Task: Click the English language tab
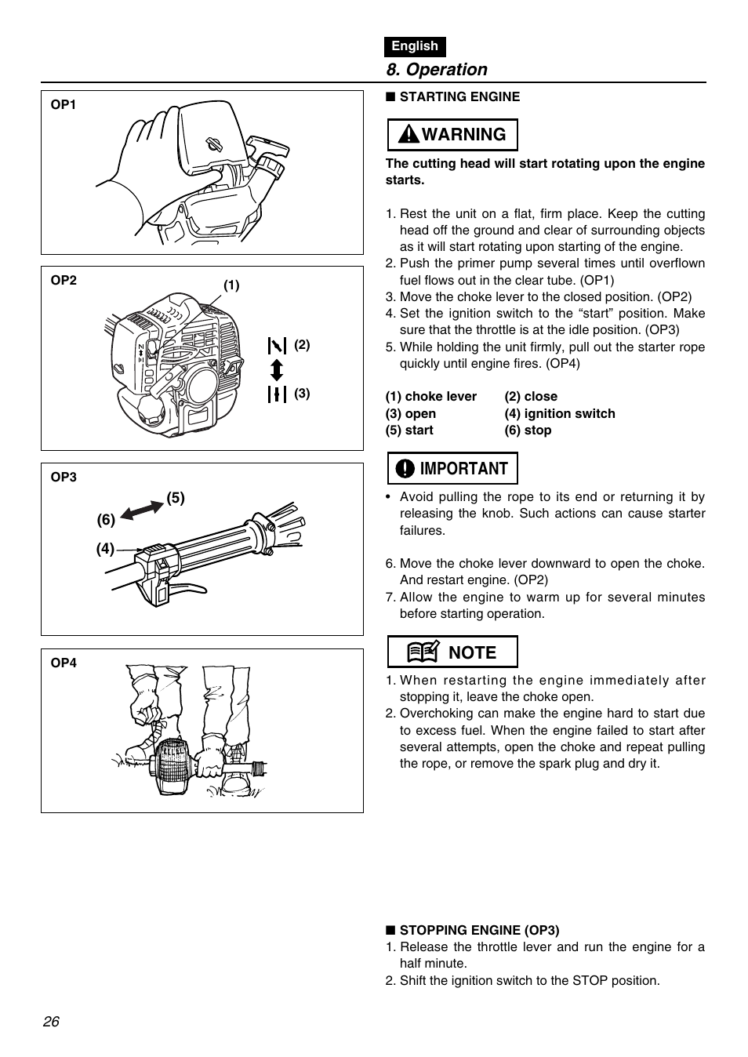pyautogui.click(x=415, y=46)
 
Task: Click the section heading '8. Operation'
pyautogui.click(x=437, y=70)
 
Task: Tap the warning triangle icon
pyautogui.click(x=408, y=135)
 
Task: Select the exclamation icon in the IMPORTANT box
pyautogui.click(x=405, y=469)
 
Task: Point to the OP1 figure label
pyautogui.click(x=64, y=104)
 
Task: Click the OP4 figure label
pyautogui.click(x=64, y=663)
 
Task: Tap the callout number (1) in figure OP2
pyautogui.click(x=231, y=285)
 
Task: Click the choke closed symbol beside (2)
pyautogui.click(x=277, y=344)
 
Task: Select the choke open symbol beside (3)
pyautogui.click(x=277, y=394)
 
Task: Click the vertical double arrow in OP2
pyautogui.click(x=277, y=369)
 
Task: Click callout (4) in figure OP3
pyautogui.click(x=105, y=549)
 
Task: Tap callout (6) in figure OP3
pyautogui.click(x=106, y=520)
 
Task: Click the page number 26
pyautogui.click(x=52, y=1022)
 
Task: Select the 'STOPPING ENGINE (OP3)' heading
pyautogui.click(x=479, y=930)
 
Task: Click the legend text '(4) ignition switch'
pyautogui.click(x=560, y=413)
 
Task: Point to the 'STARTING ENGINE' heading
pyautogui.click(x=459, y=96)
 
